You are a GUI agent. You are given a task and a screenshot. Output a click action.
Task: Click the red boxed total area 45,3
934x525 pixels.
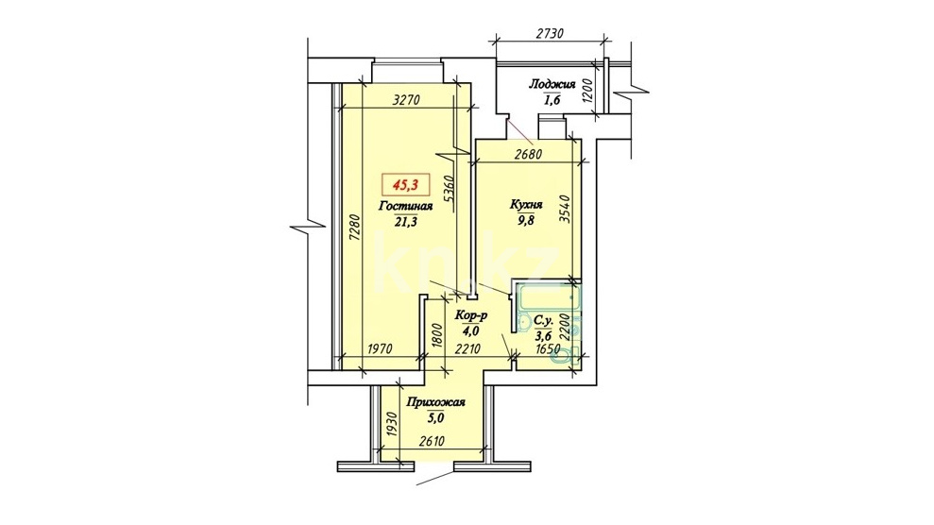click(x=405, y=185)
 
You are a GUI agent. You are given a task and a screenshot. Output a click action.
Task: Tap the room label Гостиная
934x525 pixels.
click(x=405, y=207)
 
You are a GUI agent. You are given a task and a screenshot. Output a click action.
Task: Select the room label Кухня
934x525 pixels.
click(x=526, y=205)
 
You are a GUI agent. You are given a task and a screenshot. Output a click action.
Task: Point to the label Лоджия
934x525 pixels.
click(x=552, y=84)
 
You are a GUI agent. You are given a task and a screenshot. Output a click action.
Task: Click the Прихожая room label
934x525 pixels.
click(x=435, y=403)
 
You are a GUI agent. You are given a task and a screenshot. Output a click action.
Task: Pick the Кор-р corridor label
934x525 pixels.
click(x=470, y=315)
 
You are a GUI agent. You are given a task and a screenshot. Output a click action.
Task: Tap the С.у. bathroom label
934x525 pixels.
click(x=544, y=321)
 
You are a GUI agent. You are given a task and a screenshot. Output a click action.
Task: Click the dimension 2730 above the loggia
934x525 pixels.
click(x=550, y=33)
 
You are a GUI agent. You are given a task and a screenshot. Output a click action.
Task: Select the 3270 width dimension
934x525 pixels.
click(x=407, y=100)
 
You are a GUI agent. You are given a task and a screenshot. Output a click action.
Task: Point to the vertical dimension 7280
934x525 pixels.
click(x=354, y=228)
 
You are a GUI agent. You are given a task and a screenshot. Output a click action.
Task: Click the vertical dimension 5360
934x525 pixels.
click(x=450, y=189)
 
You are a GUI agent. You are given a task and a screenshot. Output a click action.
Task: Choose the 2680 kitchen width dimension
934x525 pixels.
click(x=528, y=154)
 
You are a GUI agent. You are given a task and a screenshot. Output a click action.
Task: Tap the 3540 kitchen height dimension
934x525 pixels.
click(x=566, y=210)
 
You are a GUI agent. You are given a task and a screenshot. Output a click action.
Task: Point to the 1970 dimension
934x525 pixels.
click(x=379, y=349)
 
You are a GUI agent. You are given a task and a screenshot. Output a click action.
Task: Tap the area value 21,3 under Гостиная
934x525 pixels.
click(x=406, y=222)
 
